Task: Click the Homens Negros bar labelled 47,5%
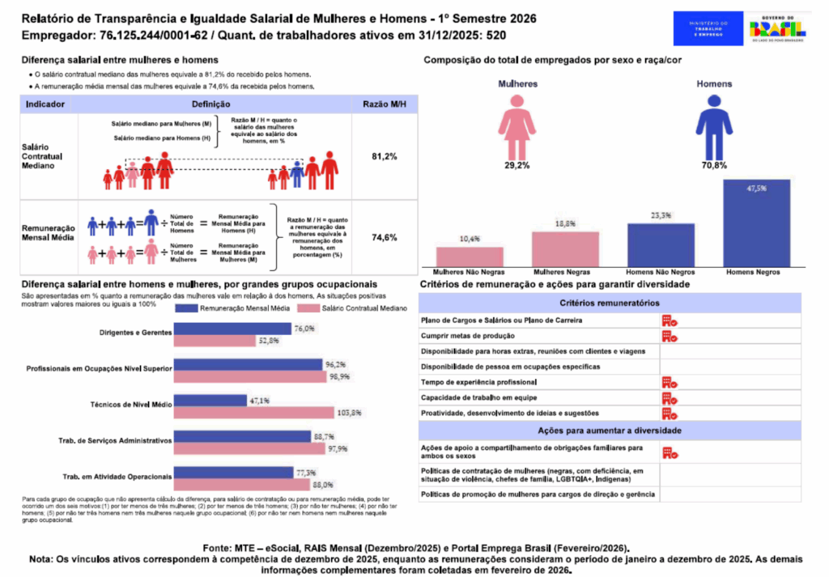pos(756,224)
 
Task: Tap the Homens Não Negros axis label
pos(661,273)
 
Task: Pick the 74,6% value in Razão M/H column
pos(384,238)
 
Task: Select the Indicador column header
pos(45,104)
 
